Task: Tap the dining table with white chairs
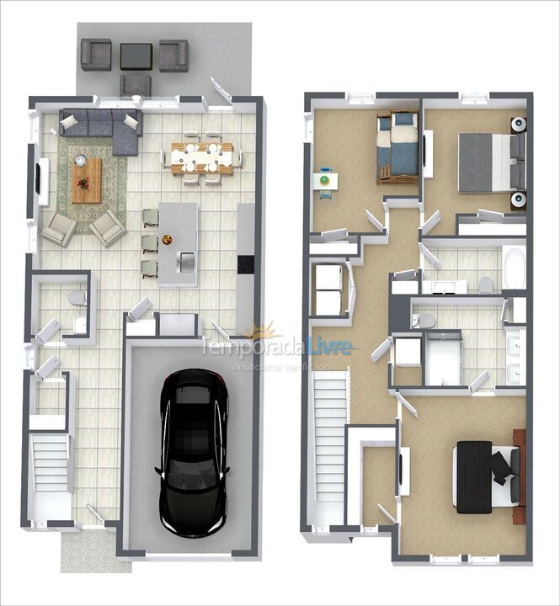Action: pyautogui.click(x=202, y=157)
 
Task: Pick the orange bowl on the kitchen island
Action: pyautogui.click(x=167, y=241)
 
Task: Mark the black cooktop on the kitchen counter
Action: pyautogui.click(x=245, y=263)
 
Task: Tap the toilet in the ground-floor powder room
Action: pyautogui.click(x=77, y=299)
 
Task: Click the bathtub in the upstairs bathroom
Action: pyautogui.click(x=513, y=268)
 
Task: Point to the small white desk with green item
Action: pyautogui.click(x=324, y=181)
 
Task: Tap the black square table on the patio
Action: pyautogui.click(x=136, y=56)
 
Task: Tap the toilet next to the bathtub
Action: pyautogui.click(x=486, y=285)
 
